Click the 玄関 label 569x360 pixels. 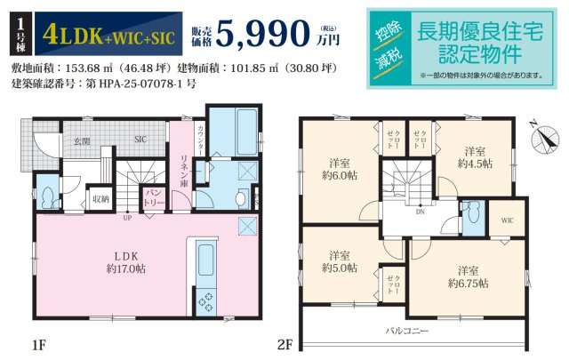click(x=82, y=140)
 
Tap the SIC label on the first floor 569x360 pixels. click(x=140, y=140)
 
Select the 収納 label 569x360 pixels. click(x=100, y=199)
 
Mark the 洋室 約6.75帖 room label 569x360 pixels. click(x=468, y=276)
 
